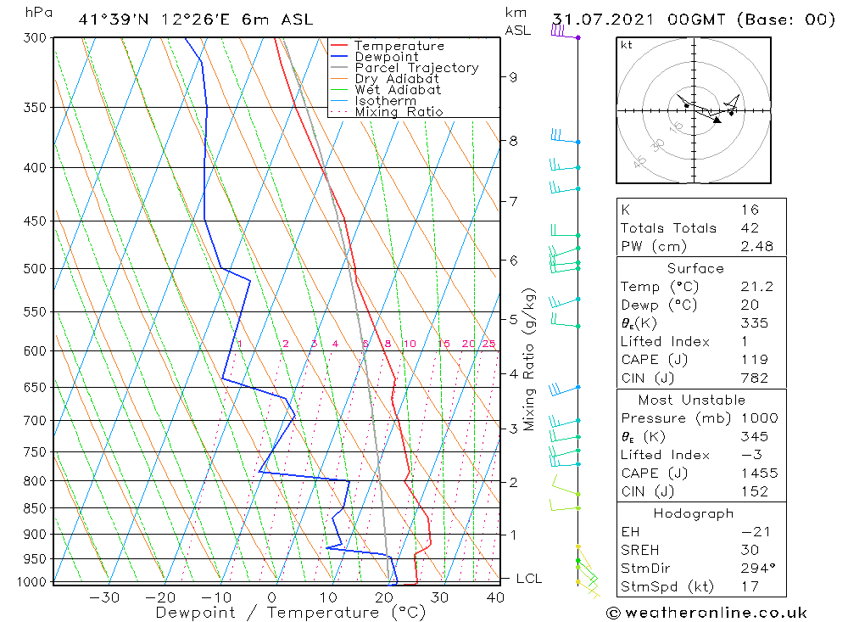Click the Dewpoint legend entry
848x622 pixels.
click(x=386, y=57)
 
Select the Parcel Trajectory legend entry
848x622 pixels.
click(x=416, y=68)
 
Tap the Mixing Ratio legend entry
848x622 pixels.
click(x=399, y=112)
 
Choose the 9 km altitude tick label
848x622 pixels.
click(x=513, y=77)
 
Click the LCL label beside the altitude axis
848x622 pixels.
click(x=528, y=579)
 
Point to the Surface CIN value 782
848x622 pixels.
click(x=753, y=378)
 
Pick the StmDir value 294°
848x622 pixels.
click(x=755, y=569)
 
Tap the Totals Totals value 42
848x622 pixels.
click(x=749, y=228)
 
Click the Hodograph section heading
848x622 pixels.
click(x=700, y=513)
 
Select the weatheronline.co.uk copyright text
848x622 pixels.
click(x=706, y=613)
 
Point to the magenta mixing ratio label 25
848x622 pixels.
click(x=488, y=344)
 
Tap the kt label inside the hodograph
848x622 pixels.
click(x=626, y=45)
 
